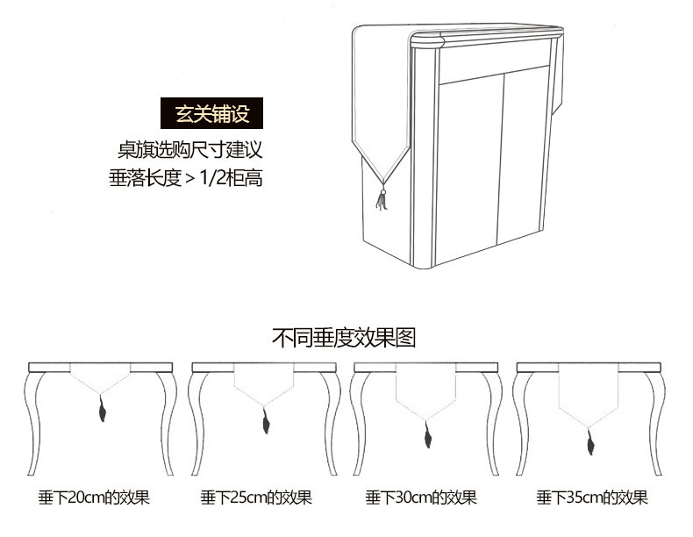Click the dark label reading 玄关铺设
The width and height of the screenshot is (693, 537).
pyautogui.click(x=212, y=115)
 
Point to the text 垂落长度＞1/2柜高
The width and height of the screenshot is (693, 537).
pyautogui.click(x=186, y=178)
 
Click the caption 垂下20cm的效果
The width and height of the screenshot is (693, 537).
pyautogui.click(x=94, y=498)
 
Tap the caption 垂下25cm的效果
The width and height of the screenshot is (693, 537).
pyautogui.click(x=256, y=498)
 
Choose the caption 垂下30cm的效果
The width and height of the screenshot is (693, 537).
pyautogui.click(x=421, y=498)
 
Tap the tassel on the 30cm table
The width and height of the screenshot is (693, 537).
pyautogui.click(x=427, y=433)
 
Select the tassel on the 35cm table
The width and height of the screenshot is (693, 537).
pyautogui.click(x=589, y=444)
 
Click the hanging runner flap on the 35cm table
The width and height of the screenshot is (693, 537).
pyautogui.click(x=589, y=395)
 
